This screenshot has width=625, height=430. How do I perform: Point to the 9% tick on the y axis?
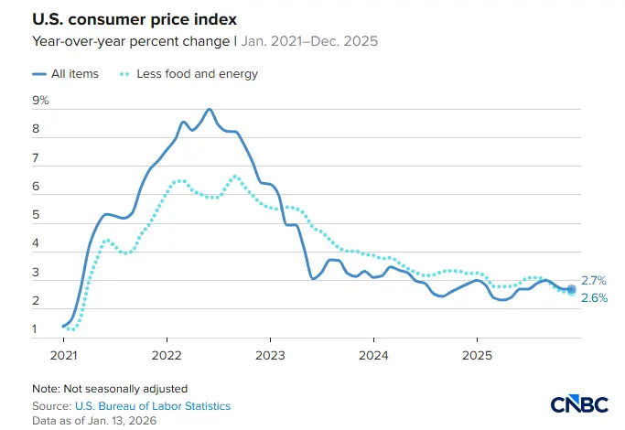tap(41, 100)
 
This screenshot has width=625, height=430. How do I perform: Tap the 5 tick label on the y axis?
tap(36, 215)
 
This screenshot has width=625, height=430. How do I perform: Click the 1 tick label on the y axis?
tap(36, 329)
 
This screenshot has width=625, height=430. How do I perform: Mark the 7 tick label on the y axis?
tap(36, 157)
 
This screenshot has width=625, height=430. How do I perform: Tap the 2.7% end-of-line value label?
tap(595, 281)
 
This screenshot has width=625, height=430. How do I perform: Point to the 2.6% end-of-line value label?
tap(595, 298)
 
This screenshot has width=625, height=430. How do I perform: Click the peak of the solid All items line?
tap(210, 109)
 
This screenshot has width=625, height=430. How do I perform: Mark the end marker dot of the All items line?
tap(572, 289)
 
